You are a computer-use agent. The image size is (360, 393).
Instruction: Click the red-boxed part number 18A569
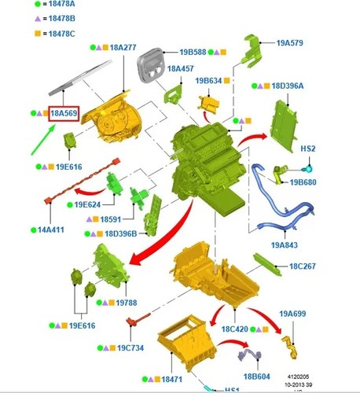click(64, 113)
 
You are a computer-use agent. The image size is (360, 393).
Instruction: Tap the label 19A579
click(290, 42)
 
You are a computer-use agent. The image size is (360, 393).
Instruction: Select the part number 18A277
click(123, 47)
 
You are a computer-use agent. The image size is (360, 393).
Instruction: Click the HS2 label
click(308, 149)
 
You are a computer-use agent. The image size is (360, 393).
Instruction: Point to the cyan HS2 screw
click(309, 169)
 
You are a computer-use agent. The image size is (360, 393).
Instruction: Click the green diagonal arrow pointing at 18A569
click(43, 140)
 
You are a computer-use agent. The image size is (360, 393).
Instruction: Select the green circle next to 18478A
click(38, 4)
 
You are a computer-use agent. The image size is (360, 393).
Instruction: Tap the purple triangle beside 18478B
click(38, 19)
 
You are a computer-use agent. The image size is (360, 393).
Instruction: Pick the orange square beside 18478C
click(38, 34)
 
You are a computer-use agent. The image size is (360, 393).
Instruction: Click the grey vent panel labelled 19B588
click(150, 64)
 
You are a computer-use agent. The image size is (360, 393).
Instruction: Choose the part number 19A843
click(285, 245)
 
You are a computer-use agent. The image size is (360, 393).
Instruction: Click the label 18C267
click(303, 266)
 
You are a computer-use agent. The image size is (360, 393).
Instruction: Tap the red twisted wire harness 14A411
click(82, 181)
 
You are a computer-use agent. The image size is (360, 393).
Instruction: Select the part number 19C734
click(130, 348)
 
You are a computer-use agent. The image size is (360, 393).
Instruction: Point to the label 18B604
click(256, 376)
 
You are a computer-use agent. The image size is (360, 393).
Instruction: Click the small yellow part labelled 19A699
click(290, 347)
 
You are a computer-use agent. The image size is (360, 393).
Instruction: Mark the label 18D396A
click(288, 86)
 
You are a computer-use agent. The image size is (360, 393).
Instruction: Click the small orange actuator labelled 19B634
click(209, 105)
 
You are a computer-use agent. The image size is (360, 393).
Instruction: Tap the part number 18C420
click(235, 329)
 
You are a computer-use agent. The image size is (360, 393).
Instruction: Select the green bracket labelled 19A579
click(252, 51)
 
